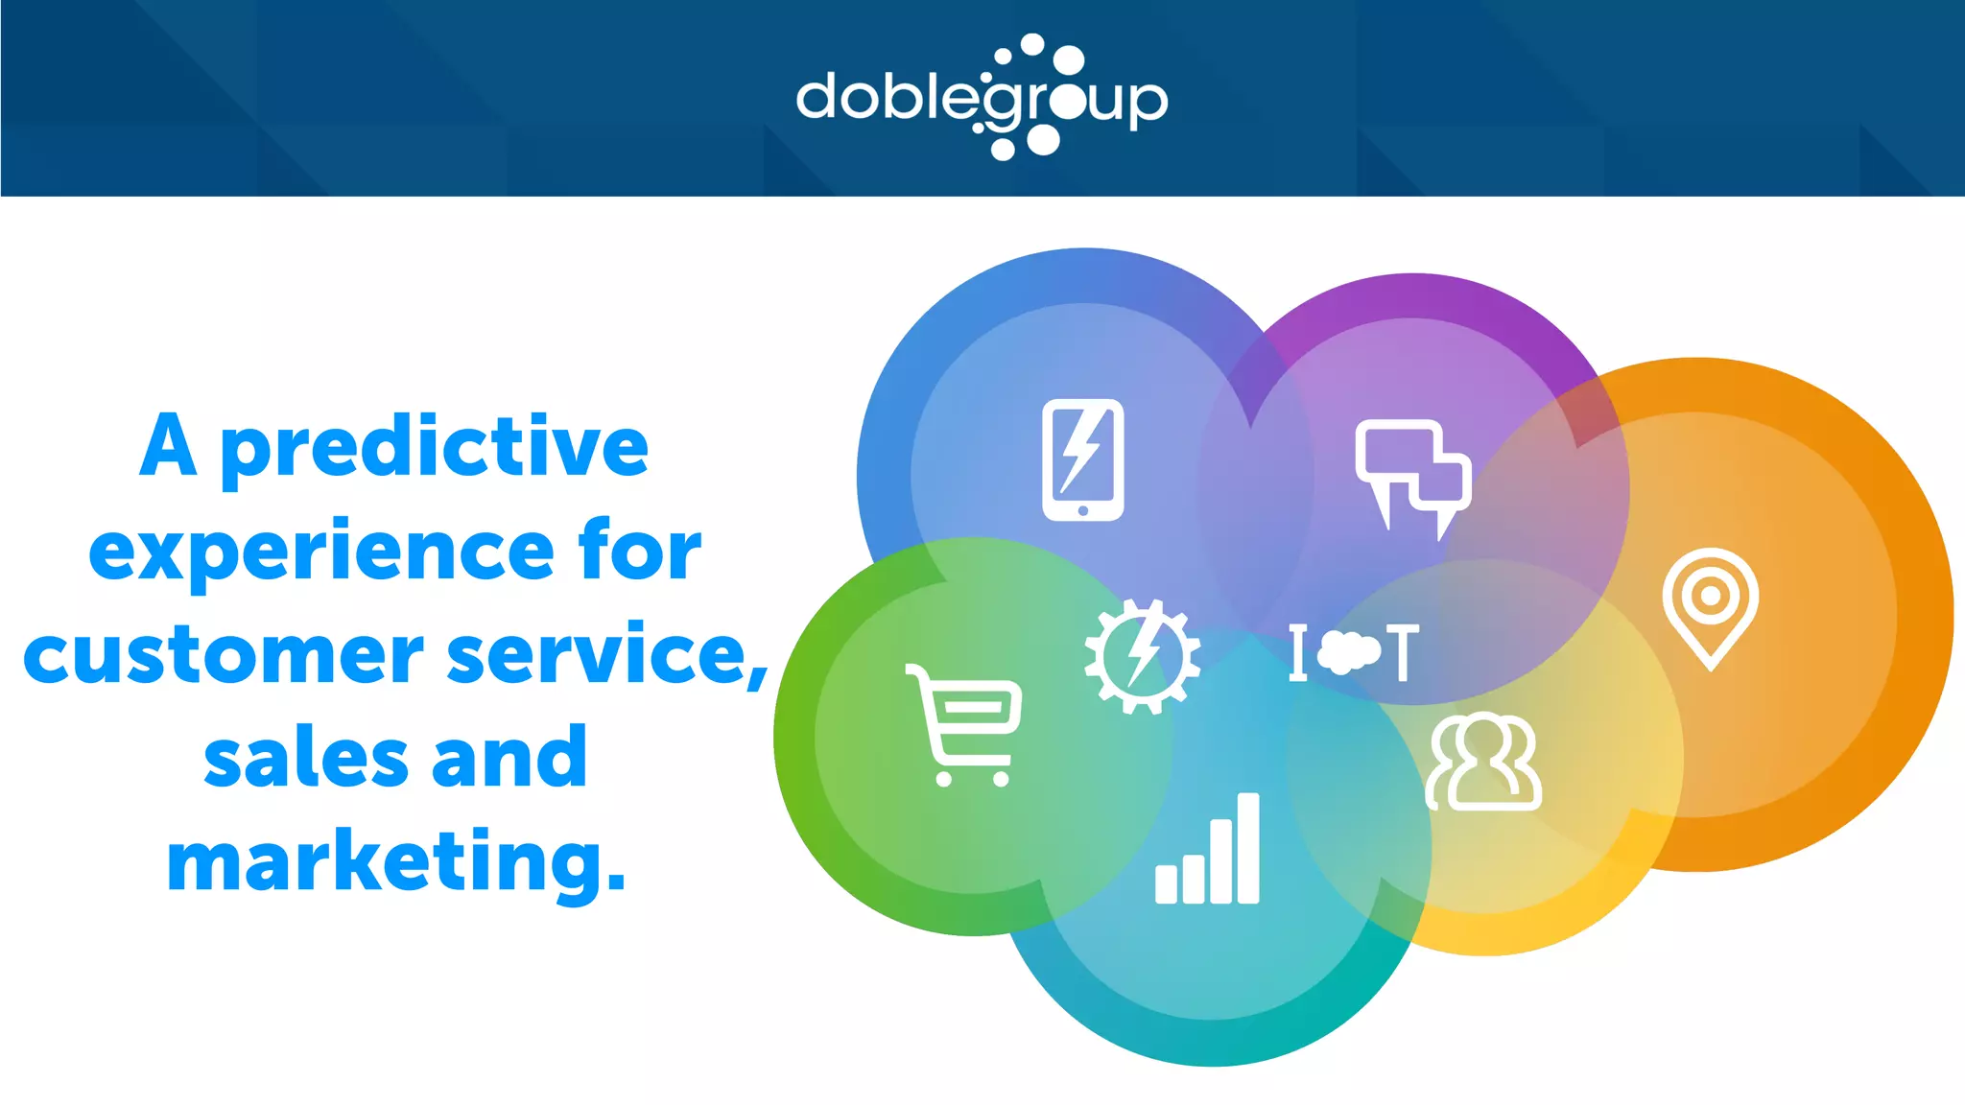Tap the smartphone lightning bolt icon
(x=1082, y=459)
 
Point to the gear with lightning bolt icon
(x=1142, y=657)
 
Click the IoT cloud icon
(x=1353, y=652)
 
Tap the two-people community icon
(x=1483, y=763)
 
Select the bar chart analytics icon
(x=1207, y=849)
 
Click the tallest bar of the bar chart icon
(x=1247, y=848)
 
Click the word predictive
(x=434, y=448)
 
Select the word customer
(x=223, y=655)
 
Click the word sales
(x=305, y=759)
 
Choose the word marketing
(x=395, y=862)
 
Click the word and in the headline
(x=509, y=759)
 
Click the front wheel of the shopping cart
(x=1001, y=778)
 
